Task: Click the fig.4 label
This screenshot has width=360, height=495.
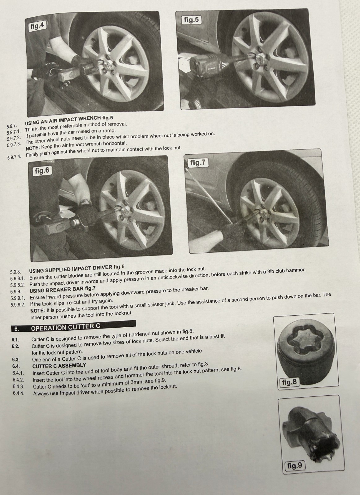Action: tap(37, 26)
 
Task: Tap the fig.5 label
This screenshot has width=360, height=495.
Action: tap(192, 20)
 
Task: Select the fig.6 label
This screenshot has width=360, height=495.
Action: tap(42, 171)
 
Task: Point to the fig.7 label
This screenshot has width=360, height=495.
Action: tap(198, 163)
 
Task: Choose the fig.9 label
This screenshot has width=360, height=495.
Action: tap(295, 466)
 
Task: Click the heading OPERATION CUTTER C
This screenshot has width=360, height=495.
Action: tap(66, 327)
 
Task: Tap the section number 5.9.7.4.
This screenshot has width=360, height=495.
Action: tap(14, 157)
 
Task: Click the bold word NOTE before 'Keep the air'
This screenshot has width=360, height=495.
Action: tap(33, 148)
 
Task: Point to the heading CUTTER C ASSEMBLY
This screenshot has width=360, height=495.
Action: tap(59, 366)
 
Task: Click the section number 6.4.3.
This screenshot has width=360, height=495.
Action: tap(18, 386)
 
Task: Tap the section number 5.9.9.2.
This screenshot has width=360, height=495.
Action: tap(18, 304)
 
